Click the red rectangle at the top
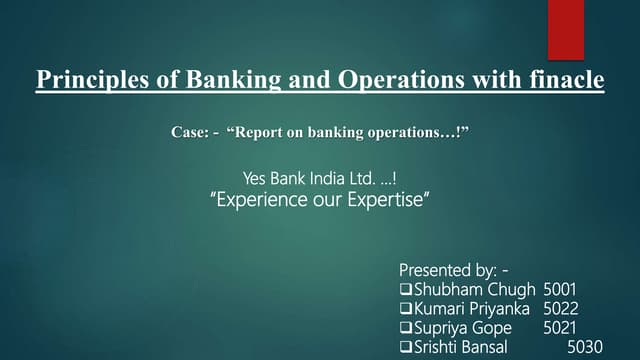pyautogui.click(x=565, y=30)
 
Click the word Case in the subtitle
pyautogui.click(x=190, y=131)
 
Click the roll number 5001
pyautogui.click(x=560, y=290)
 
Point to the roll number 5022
pyautogui.click(x=561, y=309)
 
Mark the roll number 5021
pyautogui.click(x=561, y=328)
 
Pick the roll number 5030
pyautogui.click(x=585, y=347)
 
